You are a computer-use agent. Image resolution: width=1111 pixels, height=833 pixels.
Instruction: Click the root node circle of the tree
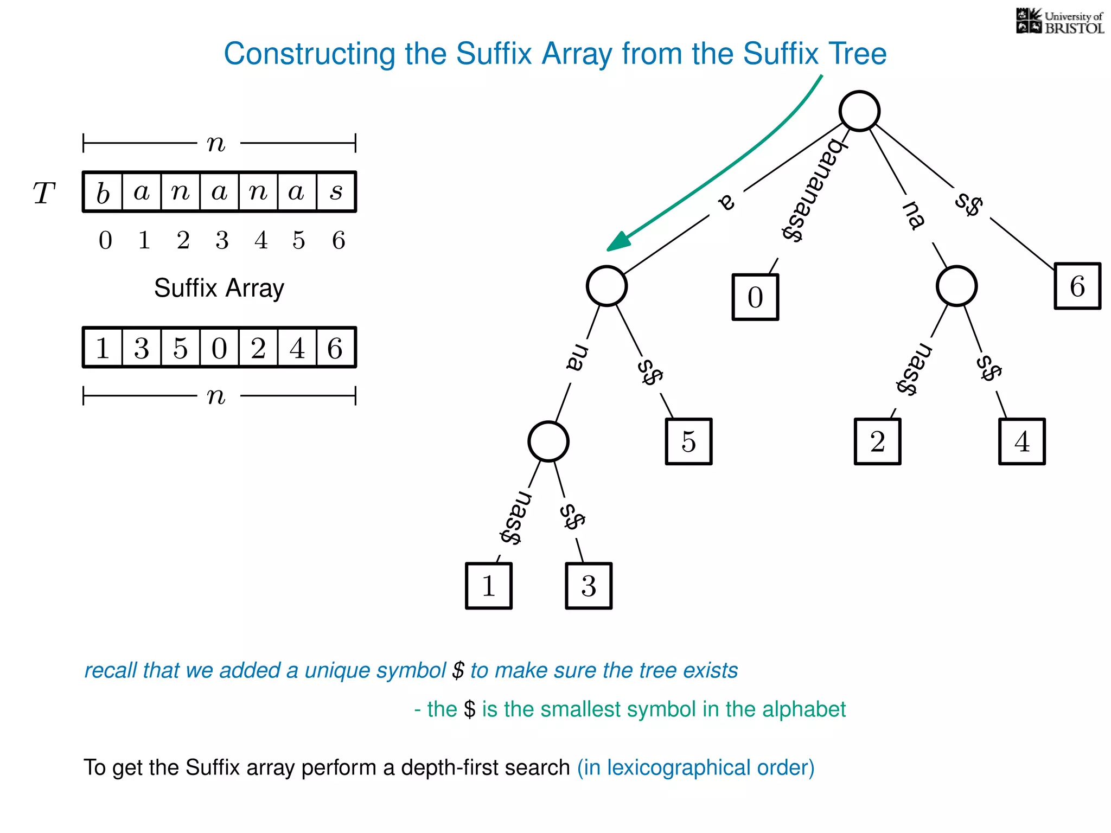point(859,111)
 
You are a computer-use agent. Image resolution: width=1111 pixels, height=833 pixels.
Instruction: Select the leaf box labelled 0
point(755,297)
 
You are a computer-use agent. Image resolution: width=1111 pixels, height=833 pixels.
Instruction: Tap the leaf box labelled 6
point(1077,286)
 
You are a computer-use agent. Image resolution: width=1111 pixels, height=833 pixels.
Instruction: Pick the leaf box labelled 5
point(688,441)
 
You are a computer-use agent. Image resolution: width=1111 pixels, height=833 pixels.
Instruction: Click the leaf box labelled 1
point(488,586)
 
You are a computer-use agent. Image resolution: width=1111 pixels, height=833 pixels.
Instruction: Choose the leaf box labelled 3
point(589,586)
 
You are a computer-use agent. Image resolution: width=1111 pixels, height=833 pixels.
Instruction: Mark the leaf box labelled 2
point(877,441)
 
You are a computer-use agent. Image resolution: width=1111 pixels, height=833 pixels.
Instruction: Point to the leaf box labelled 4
point(1021,441)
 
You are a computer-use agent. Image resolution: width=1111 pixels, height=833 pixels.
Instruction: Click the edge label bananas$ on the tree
point(814,190)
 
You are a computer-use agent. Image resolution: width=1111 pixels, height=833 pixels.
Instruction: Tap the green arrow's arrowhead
point(618,242)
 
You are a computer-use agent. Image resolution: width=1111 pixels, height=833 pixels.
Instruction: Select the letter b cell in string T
point(103,192)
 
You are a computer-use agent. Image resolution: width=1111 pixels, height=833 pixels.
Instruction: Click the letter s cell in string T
point(336,192)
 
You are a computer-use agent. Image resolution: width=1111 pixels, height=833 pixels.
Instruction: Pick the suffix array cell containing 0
point(219,348)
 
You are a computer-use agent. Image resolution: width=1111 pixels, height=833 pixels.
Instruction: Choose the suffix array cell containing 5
point(180,348)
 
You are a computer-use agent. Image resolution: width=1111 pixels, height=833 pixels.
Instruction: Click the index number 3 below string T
point(222,240)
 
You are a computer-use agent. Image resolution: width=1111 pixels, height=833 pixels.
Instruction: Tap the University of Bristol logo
point(1059,22)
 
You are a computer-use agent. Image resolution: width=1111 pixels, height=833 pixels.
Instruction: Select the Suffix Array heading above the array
point(219,288)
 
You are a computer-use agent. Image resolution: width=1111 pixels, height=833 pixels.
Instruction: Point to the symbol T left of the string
point(44,193)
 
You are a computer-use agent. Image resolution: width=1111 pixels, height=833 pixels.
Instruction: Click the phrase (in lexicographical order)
point(695,767)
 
